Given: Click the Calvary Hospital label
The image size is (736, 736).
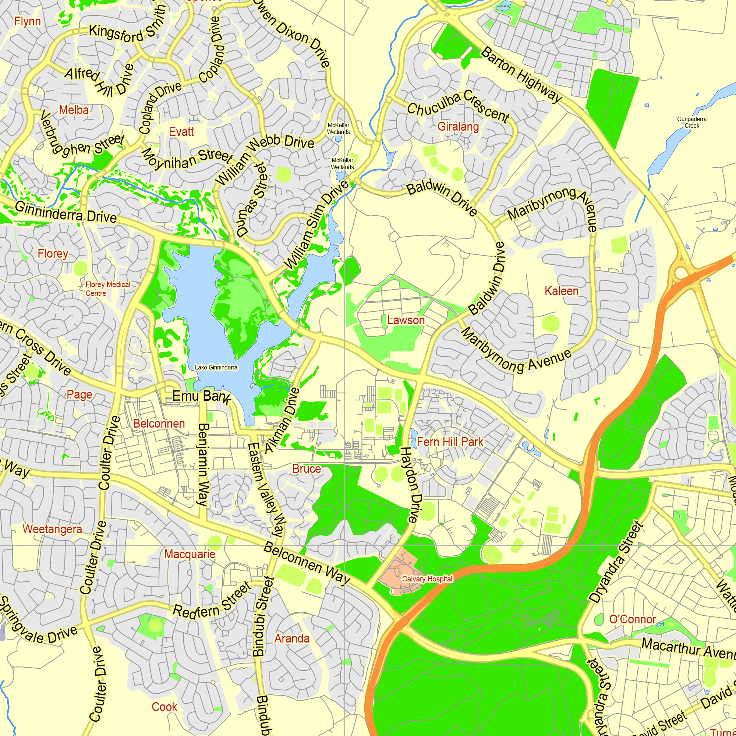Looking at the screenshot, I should (x=427, y=578).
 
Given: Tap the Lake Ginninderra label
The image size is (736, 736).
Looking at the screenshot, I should (x=216, y=367).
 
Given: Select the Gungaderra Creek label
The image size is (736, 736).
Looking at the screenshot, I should (x=691, y=122).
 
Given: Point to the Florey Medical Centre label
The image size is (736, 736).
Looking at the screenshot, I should (x=107, y=289).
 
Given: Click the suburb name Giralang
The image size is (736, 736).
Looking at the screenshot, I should (x=458, y=127).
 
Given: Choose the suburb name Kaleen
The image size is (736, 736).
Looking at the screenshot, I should (x=561, y=291).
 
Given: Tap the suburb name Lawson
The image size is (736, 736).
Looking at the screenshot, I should (x=406, y=320).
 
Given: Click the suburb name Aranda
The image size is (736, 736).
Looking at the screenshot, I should (x=292, y=638).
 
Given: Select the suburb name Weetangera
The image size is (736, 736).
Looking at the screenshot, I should (x=52, y=529).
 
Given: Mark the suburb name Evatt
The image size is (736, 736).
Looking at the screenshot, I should (x=181, y=132).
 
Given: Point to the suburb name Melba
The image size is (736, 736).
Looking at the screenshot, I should (x=74, y=110).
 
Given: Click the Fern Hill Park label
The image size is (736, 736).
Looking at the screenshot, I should (x=450, y=442).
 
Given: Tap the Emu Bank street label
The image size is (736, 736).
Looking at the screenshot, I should (x=201, y=397).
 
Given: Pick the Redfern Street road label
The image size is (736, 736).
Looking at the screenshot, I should (x=212, y=602).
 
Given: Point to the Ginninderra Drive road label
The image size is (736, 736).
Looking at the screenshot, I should (x=66, y=213).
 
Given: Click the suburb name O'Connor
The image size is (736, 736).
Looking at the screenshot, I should (x=632, y=619).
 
